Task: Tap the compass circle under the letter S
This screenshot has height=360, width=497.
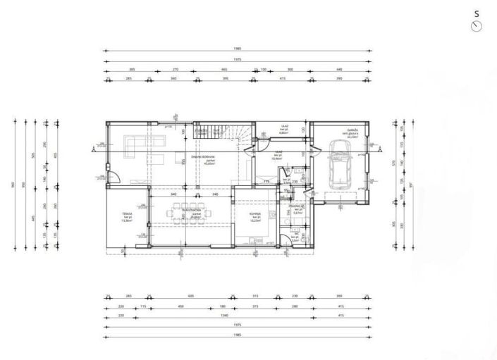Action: click(x=477, y=26)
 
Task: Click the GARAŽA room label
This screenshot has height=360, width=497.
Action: click(x=352, y=131)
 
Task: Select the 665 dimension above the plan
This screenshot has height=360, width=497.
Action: click(x=224, y=70)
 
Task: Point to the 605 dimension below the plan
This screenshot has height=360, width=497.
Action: click(x=191, y=297)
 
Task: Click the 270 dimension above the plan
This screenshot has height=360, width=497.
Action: click(x=176, y=70)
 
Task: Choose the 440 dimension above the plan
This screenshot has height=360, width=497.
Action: click(x=338, y=70)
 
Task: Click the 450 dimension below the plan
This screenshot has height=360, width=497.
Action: click(x=180, y=306)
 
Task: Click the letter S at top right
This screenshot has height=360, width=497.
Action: click(x=477, y=13)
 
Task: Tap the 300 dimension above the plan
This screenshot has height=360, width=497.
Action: click(x=290, y=70)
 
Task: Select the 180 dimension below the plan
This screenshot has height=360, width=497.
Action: click(x=223, y=306)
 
